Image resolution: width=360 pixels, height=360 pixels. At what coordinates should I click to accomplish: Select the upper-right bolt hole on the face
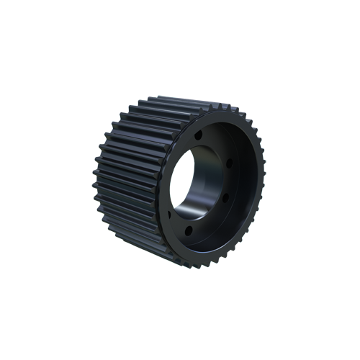click(229, 164)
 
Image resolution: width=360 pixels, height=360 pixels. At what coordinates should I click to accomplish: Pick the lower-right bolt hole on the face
click(225, 198)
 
